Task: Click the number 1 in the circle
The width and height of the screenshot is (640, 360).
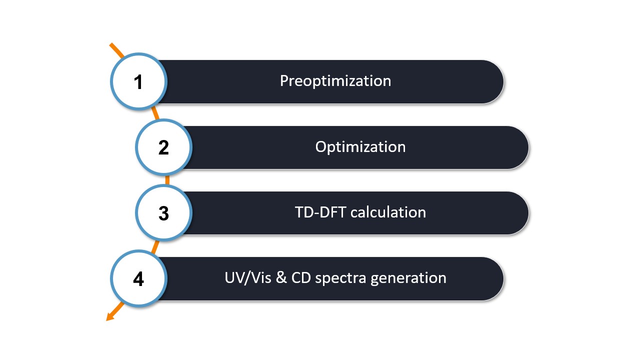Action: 138,82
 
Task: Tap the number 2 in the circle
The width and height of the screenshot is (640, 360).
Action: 163,148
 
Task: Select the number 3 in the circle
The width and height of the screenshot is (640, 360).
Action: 163,213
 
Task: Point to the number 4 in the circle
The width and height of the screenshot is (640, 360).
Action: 138,279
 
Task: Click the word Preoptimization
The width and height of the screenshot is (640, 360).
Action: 335,81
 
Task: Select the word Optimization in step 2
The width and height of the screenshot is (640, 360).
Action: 360,147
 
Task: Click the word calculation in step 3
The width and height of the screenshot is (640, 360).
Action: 388,212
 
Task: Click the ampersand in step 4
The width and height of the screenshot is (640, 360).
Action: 281,278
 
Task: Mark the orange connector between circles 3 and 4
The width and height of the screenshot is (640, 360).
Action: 155,246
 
